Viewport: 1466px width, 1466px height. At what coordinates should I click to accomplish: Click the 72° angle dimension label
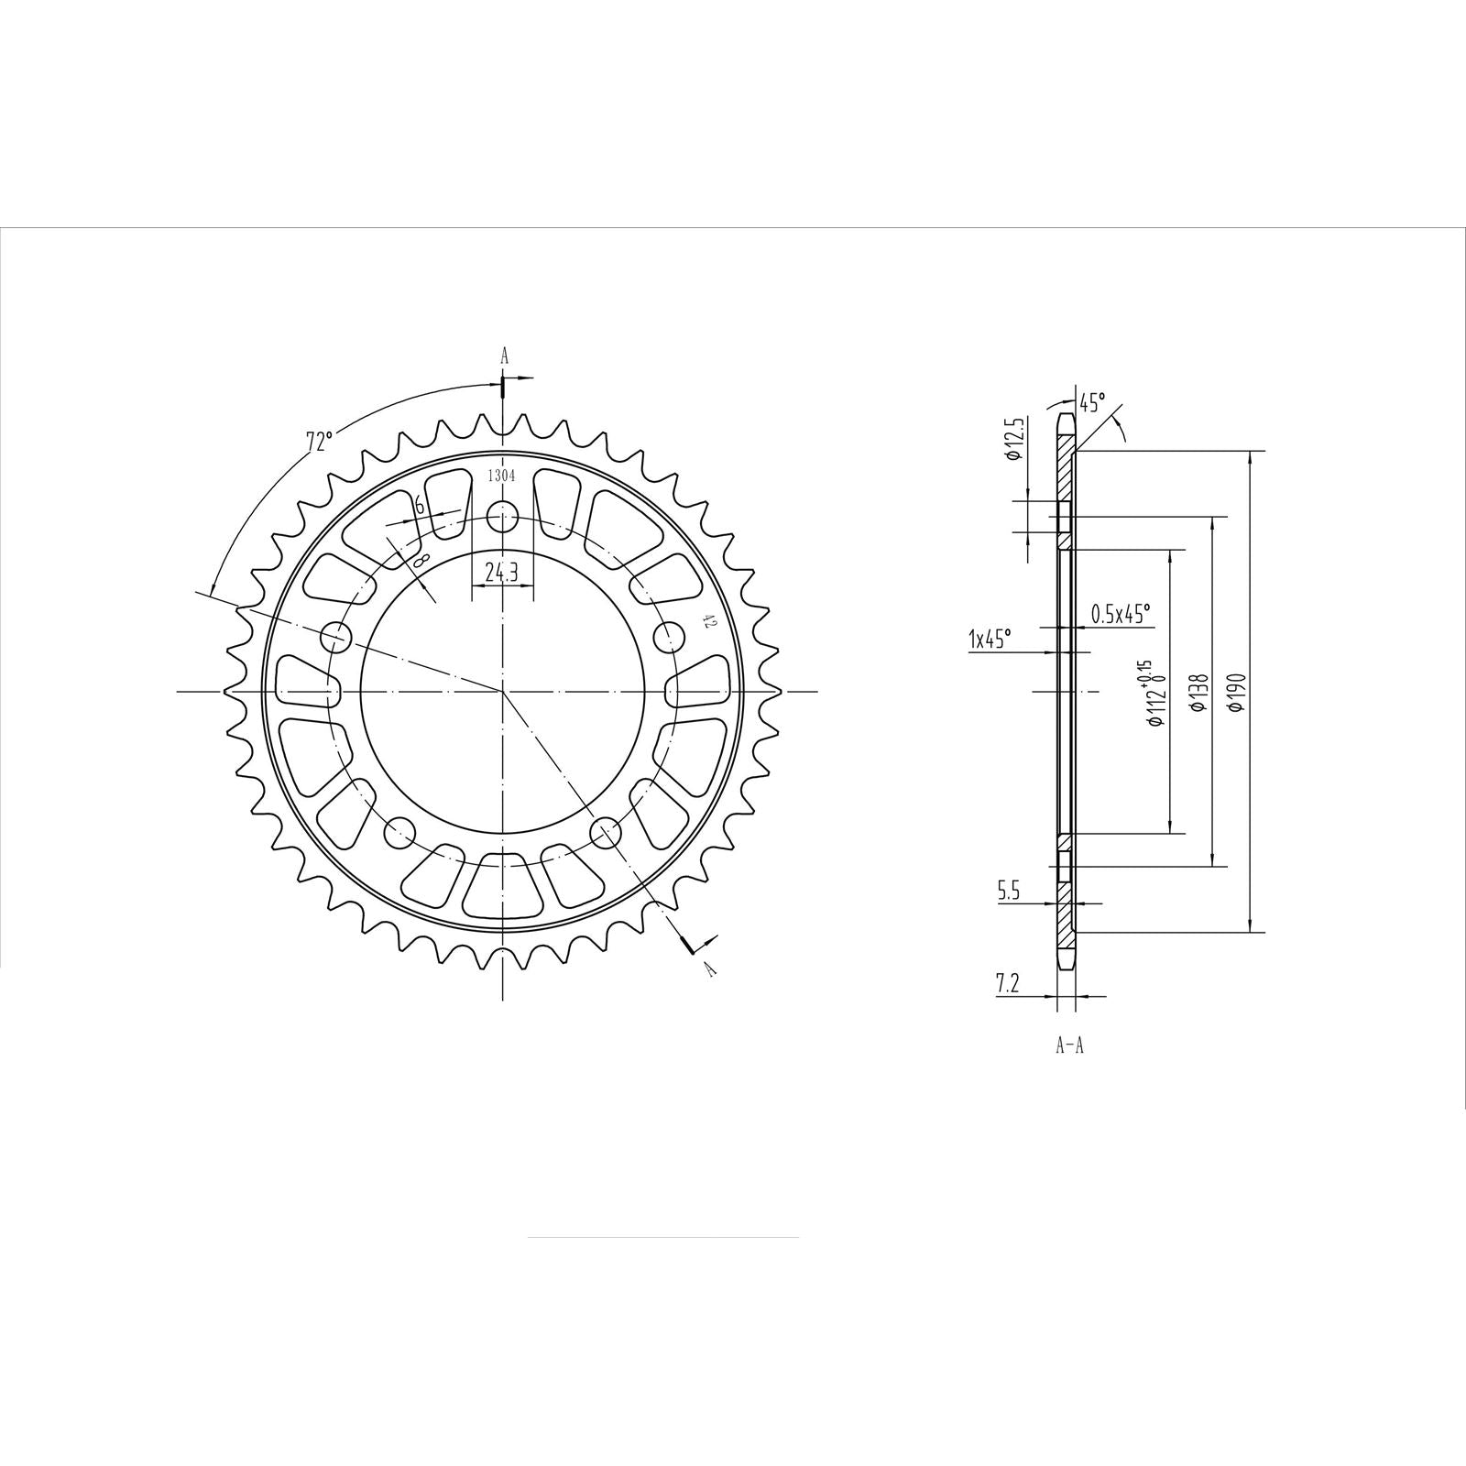pos(318,441)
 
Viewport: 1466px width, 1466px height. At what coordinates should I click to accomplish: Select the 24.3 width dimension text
pos(502,573)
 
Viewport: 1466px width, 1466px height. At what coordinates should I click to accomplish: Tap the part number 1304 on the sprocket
pos(501,476)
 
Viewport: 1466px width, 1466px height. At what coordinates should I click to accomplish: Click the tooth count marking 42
pos(707,622)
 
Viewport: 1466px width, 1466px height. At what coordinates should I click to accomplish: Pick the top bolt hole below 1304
pos(502,518)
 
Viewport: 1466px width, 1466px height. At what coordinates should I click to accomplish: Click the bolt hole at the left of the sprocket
pos(338,635)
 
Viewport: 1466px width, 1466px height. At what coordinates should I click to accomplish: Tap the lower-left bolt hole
pos(399,832)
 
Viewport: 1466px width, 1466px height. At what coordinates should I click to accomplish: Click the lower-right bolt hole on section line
pos(606,832)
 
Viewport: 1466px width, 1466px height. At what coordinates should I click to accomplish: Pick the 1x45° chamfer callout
pos(990,639)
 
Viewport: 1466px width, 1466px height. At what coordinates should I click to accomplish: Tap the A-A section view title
pos(1069,1045)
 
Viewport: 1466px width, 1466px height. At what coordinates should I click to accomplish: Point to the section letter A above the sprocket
pos(503,356)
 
